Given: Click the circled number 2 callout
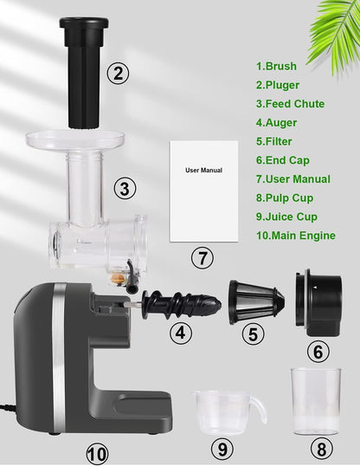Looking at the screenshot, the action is (118, 73).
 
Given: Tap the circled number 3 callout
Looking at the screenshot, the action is (125, 189).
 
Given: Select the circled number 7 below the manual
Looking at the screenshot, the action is (202, 257).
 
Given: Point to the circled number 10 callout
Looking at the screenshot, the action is (97, 454).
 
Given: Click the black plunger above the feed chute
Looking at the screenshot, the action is (84, 73).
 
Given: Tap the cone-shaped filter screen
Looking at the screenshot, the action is (256, 302).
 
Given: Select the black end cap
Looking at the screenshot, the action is (318, 302).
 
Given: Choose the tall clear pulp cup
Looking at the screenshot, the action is (316, 402).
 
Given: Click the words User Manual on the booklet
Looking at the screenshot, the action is (203, 171).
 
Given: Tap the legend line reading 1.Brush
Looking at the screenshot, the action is (276, 66).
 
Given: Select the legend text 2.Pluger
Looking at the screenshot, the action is (278, 85).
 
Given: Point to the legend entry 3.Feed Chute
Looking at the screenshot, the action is (290, 104).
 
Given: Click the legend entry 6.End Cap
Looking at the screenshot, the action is (282, 160).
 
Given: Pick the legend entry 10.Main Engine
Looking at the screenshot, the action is (296, 236).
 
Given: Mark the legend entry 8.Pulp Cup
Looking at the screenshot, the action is (284, 198).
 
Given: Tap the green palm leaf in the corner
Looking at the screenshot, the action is (335, 33).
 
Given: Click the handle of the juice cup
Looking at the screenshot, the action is (260, 409).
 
